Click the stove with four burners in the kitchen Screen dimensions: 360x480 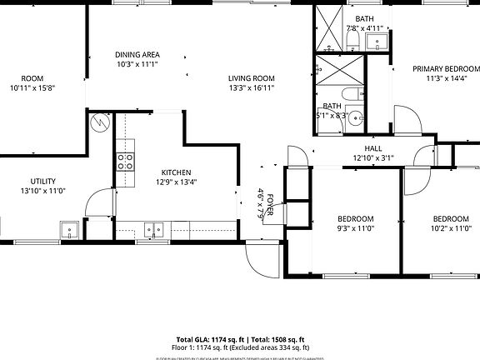point(125,161)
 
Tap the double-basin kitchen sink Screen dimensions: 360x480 point(153,227)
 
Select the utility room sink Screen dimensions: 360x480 point(67,228)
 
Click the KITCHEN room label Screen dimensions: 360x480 point(176,172)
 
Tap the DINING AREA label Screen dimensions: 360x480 point(137,55)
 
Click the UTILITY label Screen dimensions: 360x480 point(42,181)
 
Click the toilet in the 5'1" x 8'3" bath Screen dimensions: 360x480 point(350,92)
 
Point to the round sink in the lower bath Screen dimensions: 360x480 point(356,116)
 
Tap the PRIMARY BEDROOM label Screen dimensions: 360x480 point(447,69)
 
